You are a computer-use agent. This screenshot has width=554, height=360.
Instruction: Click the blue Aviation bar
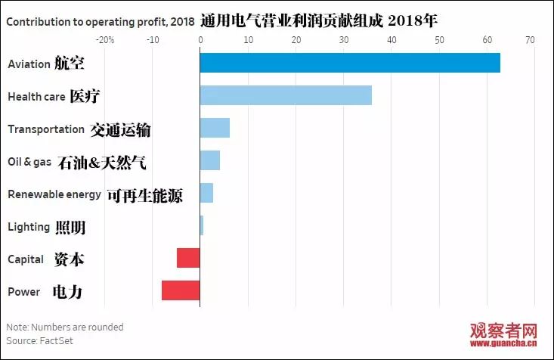pyautogui.click(x=350, y=63)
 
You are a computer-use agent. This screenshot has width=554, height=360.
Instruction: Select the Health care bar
pyautogui.click(x=286, y=95)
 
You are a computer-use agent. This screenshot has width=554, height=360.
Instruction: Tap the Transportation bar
pyautogui.click(x=215, y=128)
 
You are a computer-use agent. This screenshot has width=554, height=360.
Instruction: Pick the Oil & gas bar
pyautogui.click(x=210, y=160)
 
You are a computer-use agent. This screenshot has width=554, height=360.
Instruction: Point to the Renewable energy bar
pyautogui.click(x=206, y=193)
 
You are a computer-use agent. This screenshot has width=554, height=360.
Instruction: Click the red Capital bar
pyautogui.click(x=188, y=258)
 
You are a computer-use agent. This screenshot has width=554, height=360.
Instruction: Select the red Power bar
pyautogui.click(x=181, y=290)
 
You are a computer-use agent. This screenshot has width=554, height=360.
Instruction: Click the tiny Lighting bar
pyautogui.click(x=202, y=225)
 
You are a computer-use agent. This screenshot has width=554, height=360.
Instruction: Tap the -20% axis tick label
pyautogui.click(x=106, y=39)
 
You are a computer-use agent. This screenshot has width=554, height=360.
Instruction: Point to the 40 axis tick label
pyautogui.click(x=391, y=39)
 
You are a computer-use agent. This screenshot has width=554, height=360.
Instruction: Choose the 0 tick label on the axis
pyautogui.click(x=200, y=39)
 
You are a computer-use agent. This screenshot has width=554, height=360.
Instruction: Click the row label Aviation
pyautogui.click(x=29, y=64)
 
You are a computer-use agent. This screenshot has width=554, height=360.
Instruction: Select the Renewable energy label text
pyautogui.click(x=54, y=194)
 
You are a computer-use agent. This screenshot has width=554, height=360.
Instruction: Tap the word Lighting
pyautogui.click(x=29, y=227)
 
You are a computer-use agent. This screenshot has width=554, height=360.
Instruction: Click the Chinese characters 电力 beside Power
pyautogui.click(x=67, y=292)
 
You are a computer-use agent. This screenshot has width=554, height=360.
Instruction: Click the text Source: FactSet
pyautogui.click(x=39, y=341)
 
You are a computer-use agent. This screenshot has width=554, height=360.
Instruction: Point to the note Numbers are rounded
pyautogui.click(x=64, y=327)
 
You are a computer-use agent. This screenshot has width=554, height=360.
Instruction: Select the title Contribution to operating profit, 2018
pyautogui.click(x=101, y=21)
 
